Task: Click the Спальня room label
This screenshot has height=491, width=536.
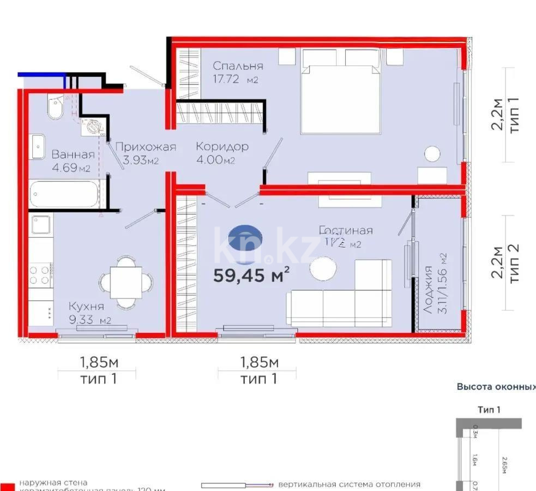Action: [x=238, y=66]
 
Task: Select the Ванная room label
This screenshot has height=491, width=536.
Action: [x=73, y=154]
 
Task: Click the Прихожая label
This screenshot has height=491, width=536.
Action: [x=146, y=146]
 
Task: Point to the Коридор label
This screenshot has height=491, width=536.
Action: [x=222, y=146]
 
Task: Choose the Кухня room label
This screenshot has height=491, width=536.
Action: [x=86, y=307]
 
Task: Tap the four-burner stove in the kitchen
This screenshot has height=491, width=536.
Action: [x=40, y=274]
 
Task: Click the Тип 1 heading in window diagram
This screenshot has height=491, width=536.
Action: [x=489, y=409]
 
